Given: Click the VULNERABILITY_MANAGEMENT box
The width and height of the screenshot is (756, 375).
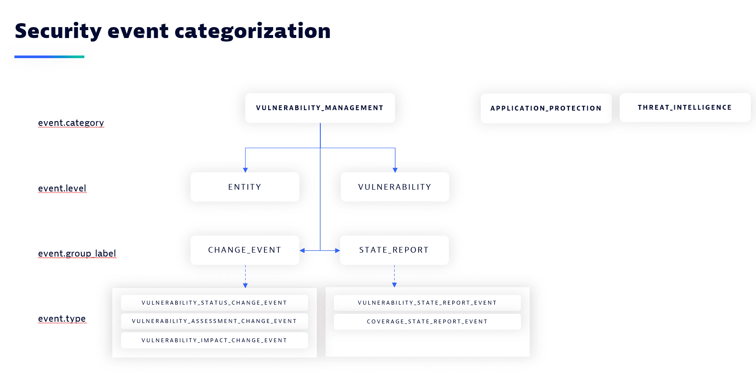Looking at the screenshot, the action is coord(320,108).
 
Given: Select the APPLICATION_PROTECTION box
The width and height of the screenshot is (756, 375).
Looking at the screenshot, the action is coord(546,108).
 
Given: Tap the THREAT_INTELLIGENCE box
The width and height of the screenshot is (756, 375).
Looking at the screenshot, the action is coord(685,108).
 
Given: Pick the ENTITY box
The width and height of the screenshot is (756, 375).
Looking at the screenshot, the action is coord(245,187).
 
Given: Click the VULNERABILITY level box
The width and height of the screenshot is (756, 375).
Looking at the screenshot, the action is coord(395,187).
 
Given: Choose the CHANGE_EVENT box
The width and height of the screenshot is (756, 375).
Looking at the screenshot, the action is coord(245,250).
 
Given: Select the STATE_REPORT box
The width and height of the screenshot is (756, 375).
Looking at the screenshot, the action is coord(394,250).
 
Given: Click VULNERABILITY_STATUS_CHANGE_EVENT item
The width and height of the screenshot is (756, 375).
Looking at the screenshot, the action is coord(215,303).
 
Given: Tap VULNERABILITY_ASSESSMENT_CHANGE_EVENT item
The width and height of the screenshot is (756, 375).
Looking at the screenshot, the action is coord(215,321).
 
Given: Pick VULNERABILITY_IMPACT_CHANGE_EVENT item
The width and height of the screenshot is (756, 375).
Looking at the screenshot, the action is coord(215,340).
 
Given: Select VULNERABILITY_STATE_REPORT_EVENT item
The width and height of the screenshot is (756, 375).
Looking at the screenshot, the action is coord(427,303).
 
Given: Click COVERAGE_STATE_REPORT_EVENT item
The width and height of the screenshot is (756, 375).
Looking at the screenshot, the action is coord(427,322).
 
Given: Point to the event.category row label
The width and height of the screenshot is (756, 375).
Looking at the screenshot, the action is coord(71,123).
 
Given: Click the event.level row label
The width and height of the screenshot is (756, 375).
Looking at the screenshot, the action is coord(62,188).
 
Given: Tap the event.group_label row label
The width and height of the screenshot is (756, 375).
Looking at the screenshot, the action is coord(77,253).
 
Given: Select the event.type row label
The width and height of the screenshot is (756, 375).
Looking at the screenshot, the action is coord(62,319).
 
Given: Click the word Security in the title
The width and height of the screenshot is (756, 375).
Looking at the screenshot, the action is coord(59,31).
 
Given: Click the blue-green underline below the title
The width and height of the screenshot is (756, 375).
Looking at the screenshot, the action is coord(49,57).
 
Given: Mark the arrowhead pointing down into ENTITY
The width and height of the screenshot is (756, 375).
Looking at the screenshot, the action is coord(246,170).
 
